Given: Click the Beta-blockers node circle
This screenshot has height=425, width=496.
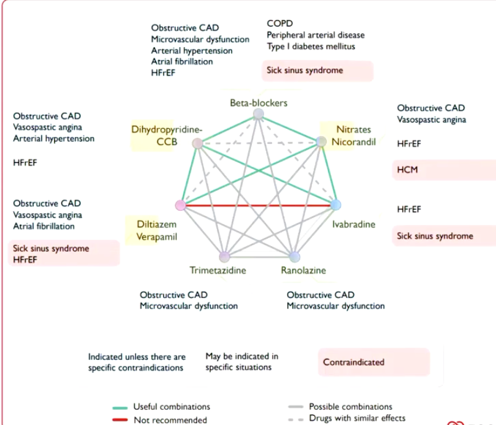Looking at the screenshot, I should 259,114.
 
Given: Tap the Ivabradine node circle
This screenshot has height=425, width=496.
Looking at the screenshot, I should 335,205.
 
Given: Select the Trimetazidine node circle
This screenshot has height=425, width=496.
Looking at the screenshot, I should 224,256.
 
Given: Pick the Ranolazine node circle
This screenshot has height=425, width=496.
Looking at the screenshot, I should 294,256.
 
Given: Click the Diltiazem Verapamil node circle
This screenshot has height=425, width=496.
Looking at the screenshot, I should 181,205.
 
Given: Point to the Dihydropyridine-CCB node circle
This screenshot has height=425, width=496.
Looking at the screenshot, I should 198,143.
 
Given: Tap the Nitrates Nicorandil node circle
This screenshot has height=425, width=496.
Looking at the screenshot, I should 321,142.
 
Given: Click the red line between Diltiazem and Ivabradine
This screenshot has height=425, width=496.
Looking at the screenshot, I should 258,205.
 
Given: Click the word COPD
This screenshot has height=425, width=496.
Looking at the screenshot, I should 280,24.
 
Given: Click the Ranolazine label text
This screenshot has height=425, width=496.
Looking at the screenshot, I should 303,270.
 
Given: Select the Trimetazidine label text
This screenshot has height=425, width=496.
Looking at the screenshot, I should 218,270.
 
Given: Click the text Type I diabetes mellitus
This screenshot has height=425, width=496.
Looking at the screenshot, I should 311,46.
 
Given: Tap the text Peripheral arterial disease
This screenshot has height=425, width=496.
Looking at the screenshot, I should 316,35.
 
